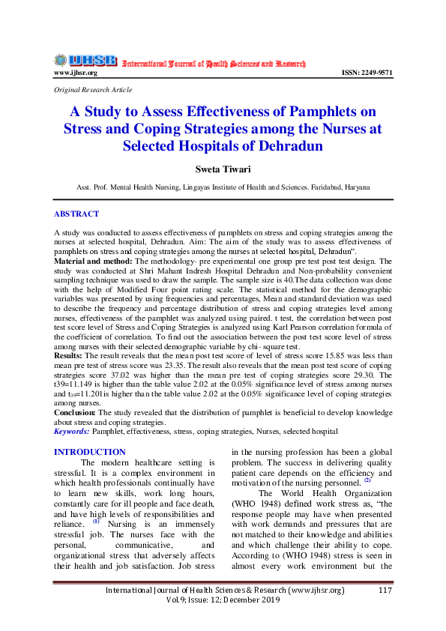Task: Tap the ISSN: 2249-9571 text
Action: click(367, 73)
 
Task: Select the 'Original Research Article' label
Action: click(93, 90)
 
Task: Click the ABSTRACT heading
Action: click(76, 214)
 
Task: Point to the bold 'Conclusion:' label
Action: click(76, 412)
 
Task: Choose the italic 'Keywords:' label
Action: click(72, 431)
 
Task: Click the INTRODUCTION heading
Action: click(90, 452)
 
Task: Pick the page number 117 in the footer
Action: click(386, 591)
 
